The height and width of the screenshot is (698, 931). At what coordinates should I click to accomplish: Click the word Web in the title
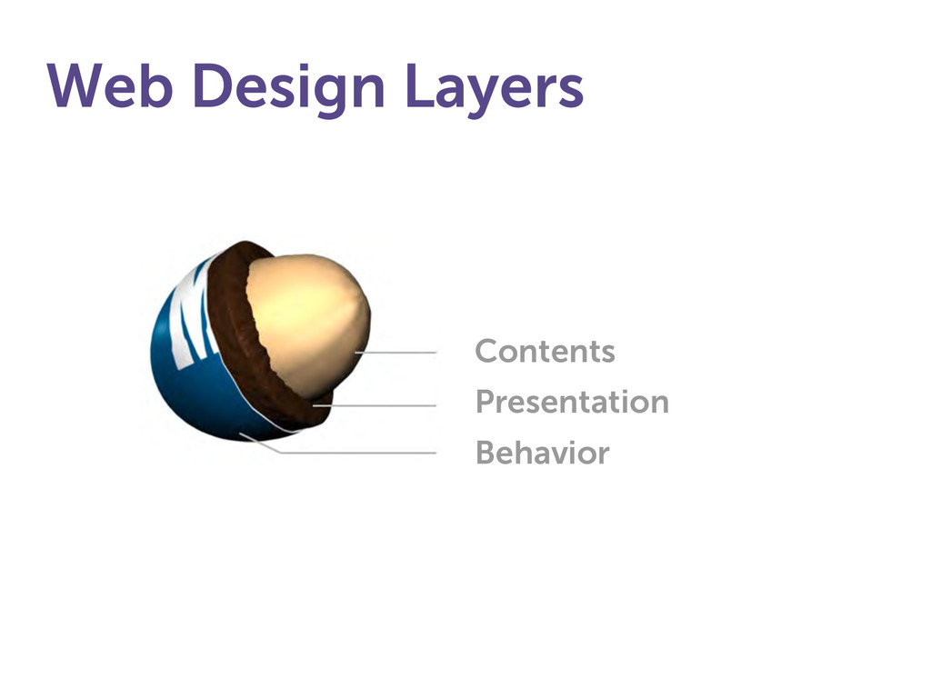pyautogui.click(x=110, y=85)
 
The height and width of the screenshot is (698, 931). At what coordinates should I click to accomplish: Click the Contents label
pyautogui.click(x=546, y=351)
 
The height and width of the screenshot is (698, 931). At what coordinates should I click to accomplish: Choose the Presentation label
pyautogui.click(x=573, y=402)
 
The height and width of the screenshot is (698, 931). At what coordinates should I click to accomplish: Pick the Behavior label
pyautogui.click(x=543, y=453)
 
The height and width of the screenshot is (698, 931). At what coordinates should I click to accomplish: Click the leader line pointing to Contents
pyautogui.click(x=395, y=353)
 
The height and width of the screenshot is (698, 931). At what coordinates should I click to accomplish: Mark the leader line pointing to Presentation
pyautogui.click(x=375, y=406)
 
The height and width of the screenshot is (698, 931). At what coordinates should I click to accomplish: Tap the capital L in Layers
pyautogui.click(x=420, y=85)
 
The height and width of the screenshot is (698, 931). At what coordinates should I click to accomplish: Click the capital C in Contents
pyautogui.click(x=487, y=351)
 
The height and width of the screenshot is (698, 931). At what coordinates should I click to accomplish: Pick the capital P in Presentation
pyautogui.click(x=486, y=402)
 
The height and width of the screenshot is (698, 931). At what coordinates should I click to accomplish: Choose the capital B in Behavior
pyautogui.click(x=486, y=453)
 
